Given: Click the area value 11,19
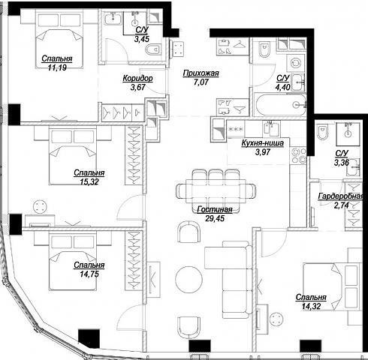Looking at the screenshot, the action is coord(57,67).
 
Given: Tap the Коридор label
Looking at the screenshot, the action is coord(137,79).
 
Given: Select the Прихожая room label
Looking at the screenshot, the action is coord(201,73).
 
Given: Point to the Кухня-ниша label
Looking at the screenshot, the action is coord(263,143).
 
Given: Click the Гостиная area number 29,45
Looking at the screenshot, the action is coord(215,218).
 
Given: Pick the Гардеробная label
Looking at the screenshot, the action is coord(340,196).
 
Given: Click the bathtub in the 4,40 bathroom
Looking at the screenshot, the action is coord(280,104).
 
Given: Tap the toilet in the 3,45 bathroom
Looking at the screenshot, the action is coord(153,49).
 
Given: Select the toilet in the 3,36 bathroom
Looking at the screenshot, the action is coord(322,132).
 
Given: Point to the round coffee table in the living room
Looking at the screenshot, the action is coord(189,279).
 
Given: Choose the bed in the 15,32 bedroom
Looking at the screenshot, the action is coord(73,156).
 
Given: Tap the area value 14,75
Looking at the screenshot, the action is coord(89,274).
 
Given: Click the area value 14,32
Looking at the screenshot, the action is coord(311,307).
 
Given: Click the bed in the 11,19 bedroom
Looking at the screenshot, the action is coord(59,39).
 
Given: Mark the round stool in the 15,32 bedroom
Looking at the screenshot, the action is coord(40,207).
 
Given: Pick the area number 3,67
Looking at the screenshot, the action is coord(138,87).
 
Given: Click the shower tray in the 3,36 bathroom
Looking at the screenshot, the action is coord(348,133).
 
